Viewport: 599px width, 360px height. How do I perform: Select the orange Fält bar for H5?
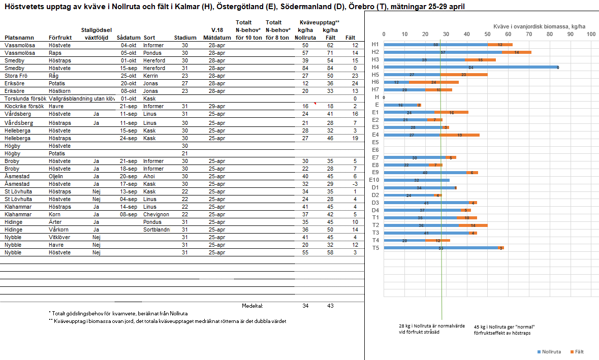[464, 75]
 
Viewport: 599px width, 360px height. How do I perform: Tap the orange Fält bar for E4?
[460, 135]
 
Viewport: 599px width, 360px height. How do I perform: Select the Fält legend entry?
[576, 351]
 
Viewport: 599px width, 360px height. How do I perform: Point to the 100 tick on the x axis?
[591, 35]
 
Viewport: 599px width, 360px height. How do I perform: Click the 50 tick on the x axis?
[487, 35]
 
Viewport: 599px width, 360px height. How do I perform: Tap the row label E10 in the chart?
[374, 180]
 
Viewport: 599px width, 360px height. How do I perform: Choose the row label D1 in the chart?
[375, 188]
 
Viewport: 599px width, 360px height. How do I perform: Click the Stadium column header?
[185, 38]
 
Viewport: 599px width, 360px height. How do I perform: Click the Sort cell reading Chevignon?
[155, 214]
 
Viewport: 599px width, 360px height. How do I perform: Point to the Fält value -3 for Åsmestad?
[355, 184]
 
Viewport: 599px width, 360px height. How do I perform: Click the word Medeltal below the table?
[253, 306]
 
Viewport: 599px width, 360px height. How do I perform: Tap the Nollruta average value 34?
[305, 306]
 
